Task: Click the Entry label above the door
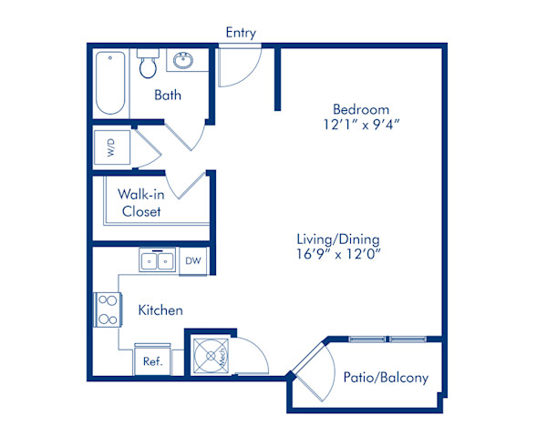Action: point(241,33)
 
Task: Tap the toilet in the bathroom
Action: point(148,63)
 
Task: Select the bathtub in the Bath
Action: point(110,83)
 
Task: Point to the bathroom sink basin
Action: point(183,61)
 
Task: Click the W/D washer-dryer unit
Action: point(112,147)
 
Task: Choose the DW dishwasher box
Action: point(193,261)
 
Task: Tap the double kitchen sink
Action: point(157,259)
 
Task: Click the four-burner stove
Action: point(108,309)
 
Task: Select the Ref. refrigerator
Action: point(153,360)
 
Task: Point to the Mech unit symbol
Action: point(212,356)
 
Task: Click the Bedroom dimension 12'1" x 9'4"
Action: point(361,125)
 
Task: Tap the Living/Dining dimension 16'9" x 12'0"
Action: point(338,254)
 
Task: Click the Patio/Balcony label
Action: point(386,378)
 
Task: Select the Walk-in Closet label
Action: point(141,203)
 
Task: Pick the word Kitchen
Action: point(160,309)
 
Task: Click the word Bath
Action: point(168,95)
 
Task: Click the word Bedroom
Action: point(361,109)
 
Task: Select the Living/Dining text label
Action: point(338,239)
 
